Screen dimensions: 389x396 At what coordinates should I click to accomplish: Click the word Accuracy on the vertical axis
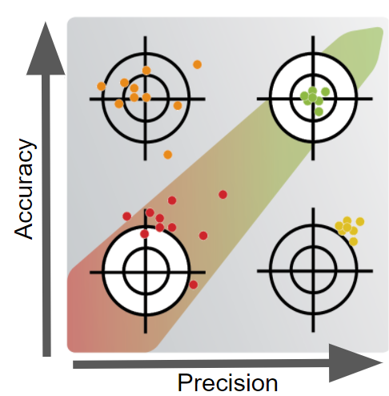click(x=25, y=188)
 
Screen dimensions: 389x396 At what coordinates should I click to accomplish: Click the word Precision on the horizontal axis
click(x=227, y=383)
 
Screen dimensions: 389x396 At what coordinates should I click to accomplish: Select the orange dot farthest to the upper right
click(x=197, y=64)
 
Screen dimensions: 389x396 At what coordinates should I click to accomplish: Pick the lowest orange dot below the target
click(x=167, y=155)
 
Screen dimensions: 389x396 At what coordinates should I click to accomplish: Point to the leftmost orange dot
click(x=101, y=87)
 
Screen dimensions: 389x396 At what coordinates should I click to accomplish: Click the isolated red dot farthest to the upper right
click(x=223, y=195)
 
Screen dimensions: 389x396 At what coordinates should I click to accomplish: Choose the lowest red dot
click(x=194, y=285)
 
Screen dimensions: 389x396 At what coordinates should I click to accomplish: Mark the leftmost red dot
click(x=127, y=216)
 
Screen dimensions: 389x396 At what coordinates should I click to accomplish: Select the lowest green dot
click(x=319, y=111)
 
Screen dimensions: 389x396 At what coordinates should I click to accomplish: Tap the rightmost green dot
click(x=325, y=92)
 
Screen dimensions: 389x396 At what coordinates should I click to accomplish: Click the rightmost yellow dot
click(x=360, y=221)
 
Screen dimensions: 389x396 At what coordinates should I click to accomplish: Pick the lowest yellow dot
click(x=353, y=241)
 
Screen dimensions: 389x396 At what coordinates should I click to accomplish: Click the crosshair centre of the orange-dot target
click(x=146, y=99)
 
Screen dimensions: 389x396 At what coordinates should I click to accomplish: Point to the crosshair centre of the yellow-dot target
click(x=313, y=271)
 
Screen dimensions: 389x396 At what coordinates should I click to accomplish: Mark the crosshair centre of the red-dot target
click(x=146, y=273)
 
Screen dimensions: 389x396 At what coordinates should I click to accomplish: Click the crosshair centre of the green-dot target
click(x=313, y=99)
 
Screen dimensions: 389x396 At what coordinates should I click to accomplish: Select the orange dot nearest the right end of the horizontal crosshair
click(x=178, y=106)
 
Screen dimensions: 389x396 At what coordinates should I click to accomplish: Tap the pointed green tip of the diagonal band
click(x=381, y=30)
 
